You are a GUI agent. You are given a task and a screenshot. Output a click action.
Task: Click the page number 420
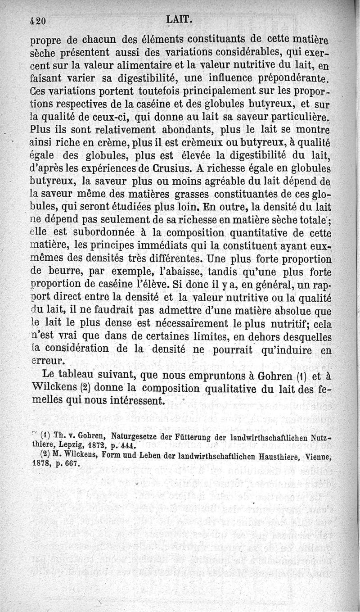(x=38, y=21)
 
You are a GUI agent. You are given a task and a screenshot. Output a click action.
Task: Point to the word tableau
(x=79, y=375)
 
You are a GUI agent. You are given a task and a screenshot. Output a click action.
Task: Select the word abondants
(x=182, y=131)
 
